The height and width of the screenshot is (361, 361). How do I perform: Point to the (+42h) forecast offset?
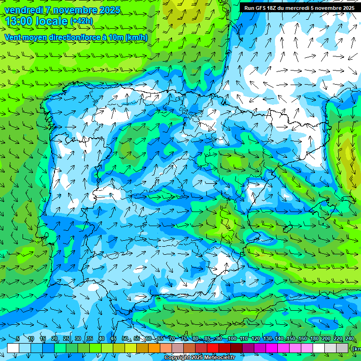pyautogui.click(x=81, y=21)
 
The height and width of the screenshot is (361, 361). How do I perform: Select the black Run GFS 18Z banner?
pyautogui.click(x=299, y=8)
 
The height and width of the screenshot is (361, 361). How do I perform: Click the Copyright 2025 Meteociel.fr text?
pyautogui.click(x=200, y=358)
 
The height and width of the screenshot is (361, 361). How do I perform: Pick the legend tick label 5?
pyautogui.click(x=17, y=339)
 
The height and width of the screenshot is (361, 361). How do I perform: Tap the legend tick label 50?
pyautogui.click(x=125, y=339)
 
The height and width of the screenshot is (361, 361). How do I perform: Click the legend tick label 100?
pyautogui.click(x=232, y=339)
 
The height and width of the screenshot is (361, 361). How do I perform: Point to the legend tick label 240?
pyautogui.click(x=349, y=339)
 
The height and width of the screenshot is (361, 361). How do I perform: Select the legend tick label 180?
pyautogui.click(x=314, y=339)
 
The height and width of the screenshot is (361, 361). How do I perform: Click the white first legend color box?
pyautogui.click(x=13, y=348)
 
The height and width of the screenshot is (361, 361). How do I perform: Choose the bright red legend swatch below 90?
pyautogui.click(x=213, y=348)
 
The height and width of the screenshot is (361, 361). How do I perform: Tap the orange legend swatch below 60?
pyautogui.click(x=142, y=348)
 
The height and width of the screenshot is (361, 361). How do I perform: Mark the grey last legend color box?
pyautogui.click(x=342, y=348)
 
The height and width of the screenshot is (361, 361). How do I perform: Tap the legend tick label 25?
pyautogui.click(x=66, y=339)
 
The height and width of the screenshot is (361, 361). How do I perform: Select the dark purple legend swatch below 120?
pyautogui.click(x=248, y=348)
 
